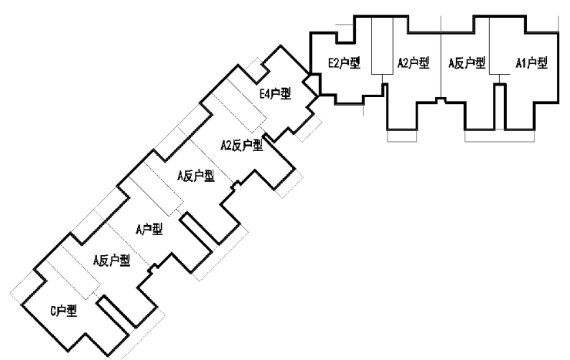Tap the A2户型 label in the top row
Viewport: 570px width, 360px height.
point(413,62)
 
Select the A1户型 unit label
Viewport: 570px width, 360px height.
point(531,62)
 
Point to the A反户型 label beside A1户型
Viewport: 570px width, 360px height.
point(467,62)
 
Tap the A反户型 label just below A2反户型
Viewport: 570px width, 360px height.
point(195,176)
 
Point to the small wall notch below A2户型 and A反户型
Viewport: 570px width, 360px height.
point(438,100)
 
